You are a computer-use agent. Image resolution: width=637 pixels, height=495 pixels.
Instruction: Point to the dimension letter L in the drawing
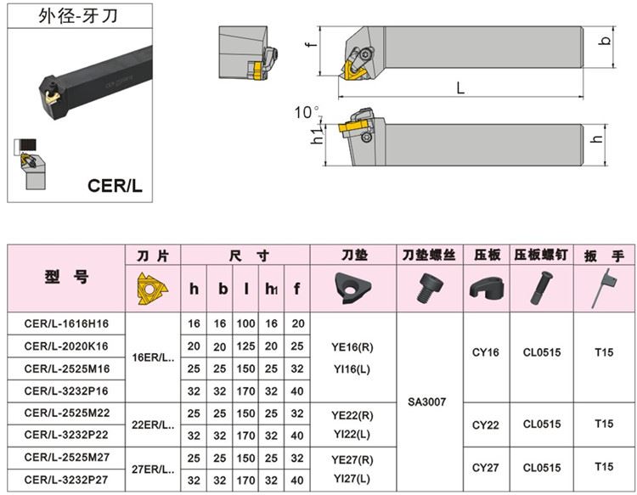(459, 87)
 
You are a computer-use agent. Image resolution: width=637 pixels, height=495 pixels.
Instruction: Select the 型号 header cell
(66, 278)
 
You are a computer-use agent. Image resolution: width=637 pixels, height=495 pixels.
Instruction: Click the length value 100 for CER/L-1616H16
(246, 323)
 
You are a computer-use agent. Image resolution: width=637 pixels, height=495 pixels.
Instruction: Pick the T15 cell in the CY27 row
(604, 467)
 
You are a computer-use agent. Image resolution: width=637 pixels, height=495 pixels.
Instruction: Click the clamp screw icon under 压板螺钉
(541, 288)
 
